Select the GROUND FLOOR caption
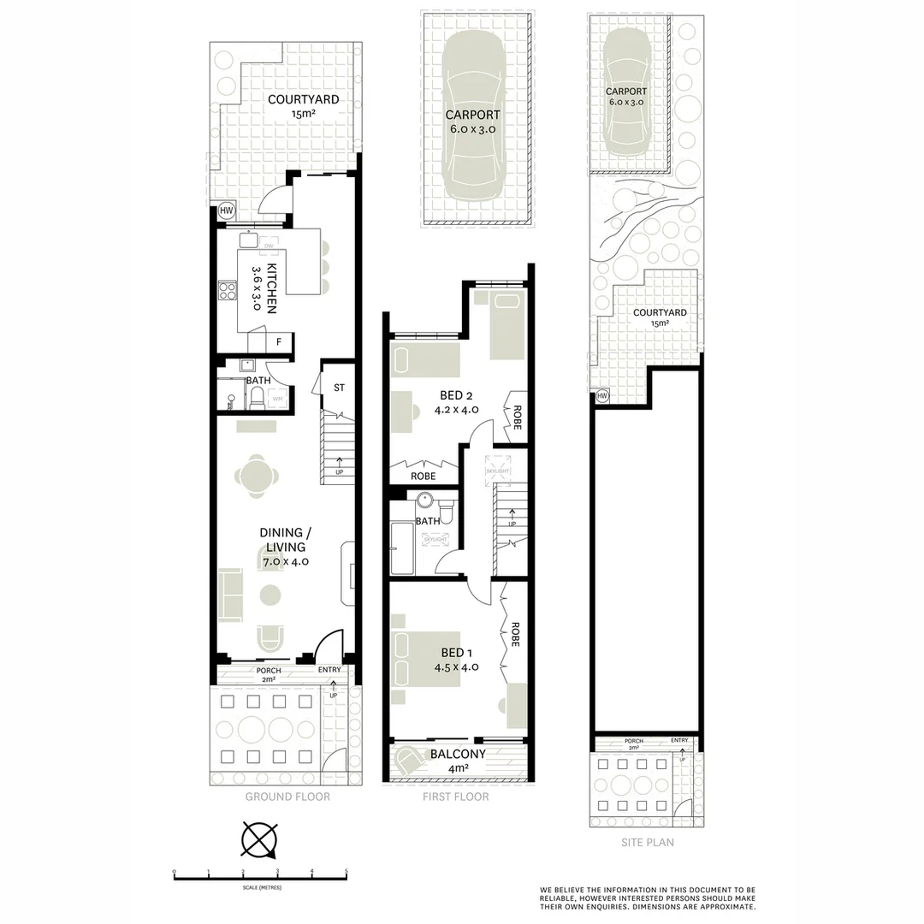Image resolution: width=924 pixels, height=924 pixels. click(x=287, y=797)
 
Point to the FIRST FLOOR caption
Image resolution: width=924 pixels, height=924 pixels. click(x=456, y=797)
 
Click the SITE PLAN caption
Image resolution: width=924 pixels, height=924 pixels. click(x=648, y=843)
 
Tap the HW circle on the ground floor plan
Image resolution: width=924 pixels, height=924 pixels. click(x=227, y=210)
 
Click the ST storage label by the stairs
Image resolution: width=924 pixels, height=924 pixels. click(x=339, y=388)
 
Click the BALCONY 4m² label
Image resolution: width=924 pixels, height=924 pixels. click(x=458, y=761)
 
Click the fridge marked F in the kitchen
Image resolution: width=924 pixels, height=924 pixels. click(x=278, y=342)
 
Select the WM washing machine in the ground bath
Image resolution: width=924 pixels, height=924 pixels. click(x=277, y=399)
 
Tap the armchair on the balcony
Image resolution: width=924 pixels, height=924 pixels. click(x=408, y=759)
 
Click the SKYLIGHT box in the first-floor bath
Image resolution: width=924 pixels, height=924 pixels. click(x=435, y=540)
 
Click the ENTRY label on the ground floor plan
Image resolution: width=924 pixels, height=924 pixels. click(x=329, y=670)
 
